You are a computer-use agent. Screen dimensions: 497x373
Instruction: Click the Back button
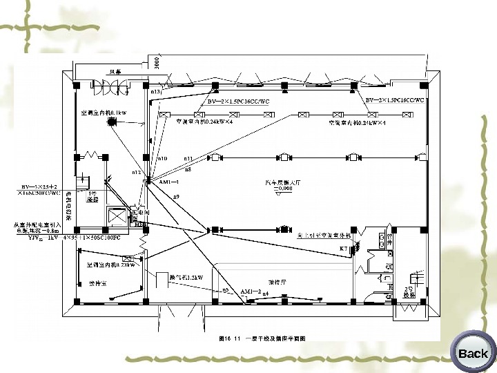click(472, 353)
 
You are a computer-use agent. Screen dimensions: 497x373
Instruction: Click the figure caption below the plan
click(262, 338)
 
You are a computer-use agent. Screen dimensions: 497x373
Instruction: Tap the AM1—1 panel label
click(169, 182)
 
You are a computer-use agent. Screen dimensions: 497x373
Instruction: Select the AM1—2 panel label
click(250, 292)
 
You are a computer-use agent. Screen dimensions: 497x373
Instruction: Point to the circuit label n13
click(155, 91)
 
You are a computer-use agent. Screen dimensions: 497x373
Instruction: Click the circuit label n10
click(163, 158)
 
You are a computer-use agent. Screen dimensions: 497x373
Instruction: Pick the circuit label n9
click(177, 198)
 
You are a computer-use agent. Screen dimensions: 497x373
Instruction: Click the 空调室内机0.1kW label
click(104, 112)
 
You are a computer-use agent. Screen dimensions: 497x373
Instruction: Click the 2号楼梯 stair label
click(409, 291)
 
